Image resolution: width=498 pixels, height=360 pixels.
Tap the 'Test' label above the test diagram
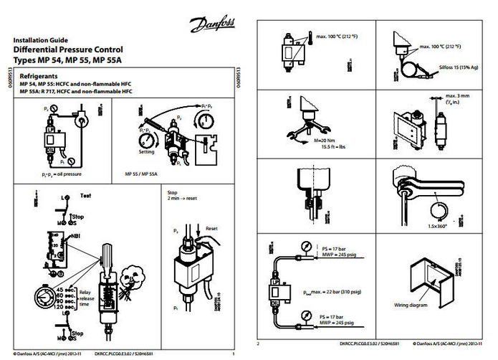click(85, 195)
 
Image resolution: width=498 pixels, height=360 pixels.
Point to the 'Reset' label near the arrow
click(211, 228)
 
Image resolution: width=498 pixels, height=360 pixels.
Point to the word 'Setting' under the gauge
click(147, 152)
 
